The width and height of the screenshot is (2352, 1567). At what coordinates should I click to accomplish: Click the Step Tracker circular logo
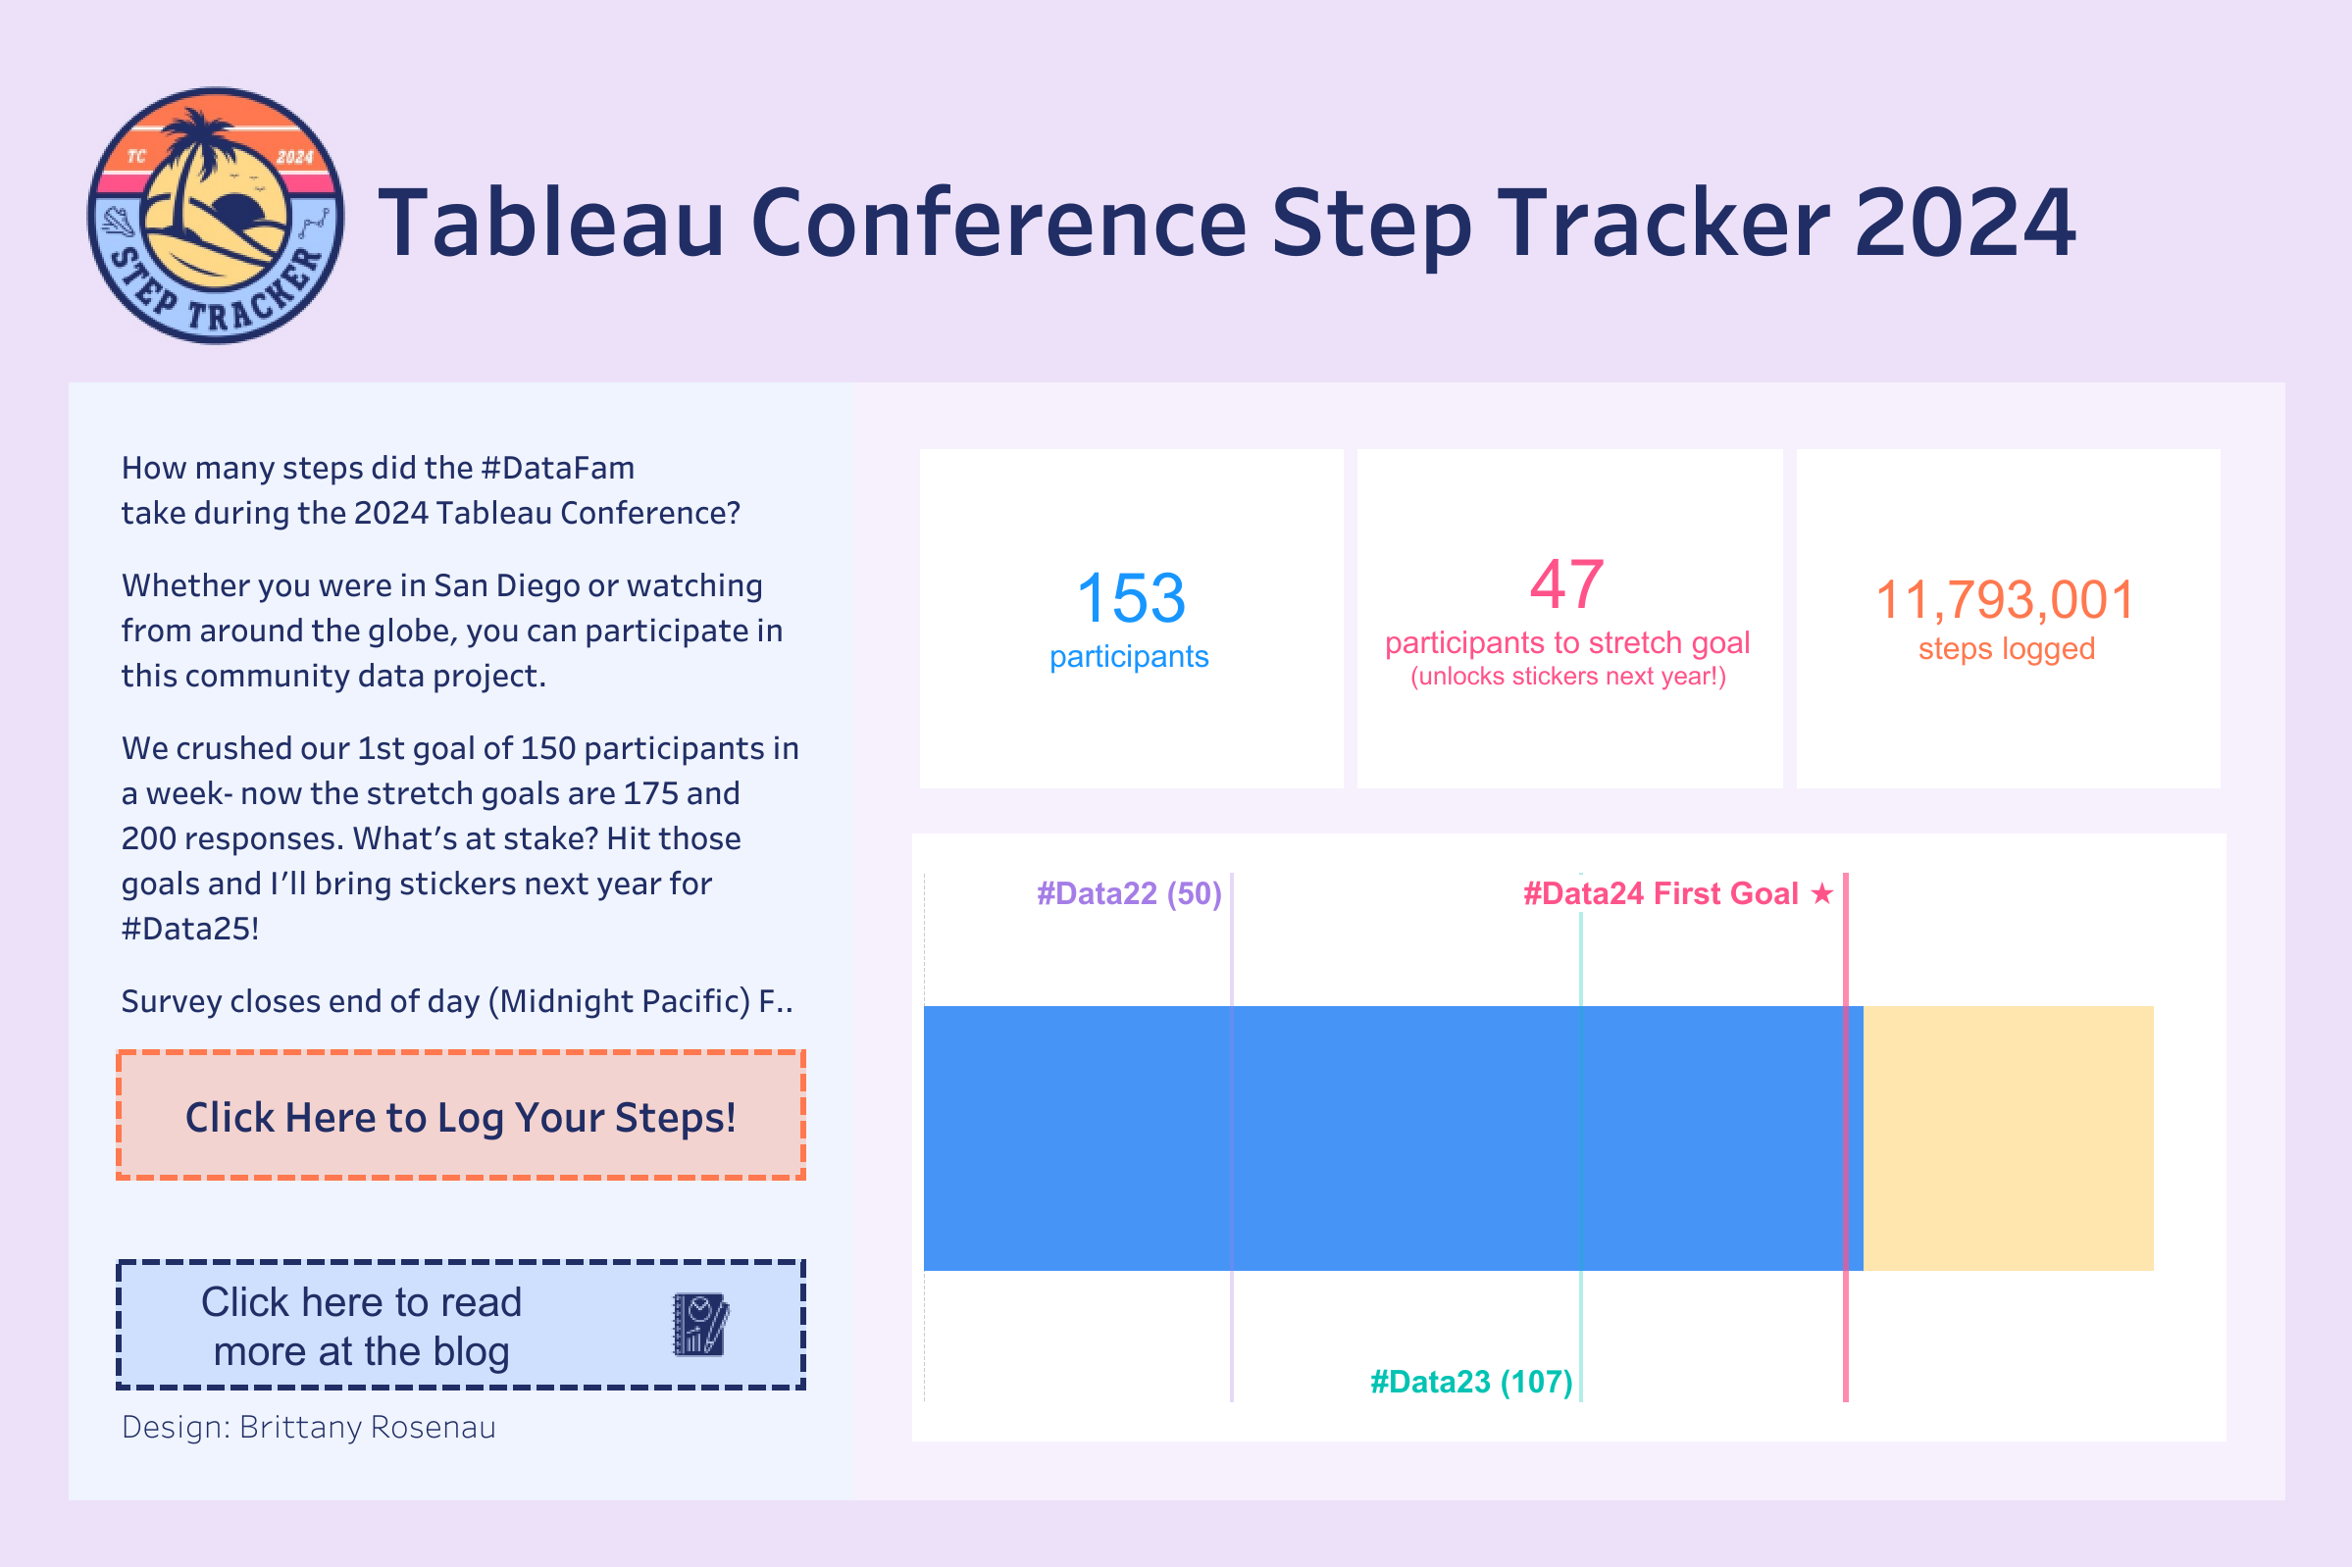pyautogui.click(x=216, y=215)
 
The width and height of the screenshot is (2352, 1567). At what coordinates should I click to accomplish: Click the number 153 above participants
pyautogui.click(x=1131, y=597)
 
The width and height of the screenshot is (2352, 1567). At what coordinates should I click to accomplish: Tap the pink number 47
pyautogui.click(x=1566, y=584)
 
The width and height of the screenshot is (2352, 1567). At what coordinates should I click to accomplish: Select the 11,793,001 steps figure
pyautogui.click(x=2005, y=599)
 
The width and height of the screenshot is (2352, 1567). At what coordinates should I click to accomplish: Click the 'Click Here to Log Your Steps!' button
pyautogui.click(x=461, y=1115)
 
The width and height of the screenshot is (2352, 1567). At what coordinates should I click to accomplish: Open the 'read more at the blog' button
pyautogui.click(x=461, y=1324)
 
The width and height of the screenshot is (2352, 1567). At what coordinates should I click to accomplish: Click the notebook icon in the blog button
pyautogui.click(x=700, y=1324)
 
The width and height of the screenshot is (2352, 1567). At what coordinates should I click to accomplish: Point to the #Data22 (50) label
pyautogui.click(x=1129, y=893)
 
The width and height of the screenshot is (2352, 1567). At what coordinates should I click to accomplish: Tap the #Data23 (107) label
pyautogui.click(x=1470, y=1382)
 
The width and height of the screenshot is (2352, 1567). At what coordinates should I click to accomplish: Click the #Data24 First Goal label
pyautogui.click(x=1661, y=893)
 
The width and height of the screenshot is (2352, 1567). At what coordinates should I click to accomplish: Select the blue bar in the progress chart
pyautogui.click(x=1394, y=1138)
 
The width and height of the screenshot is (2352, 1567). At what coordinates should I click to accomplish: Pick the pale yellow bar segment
pyautogui.click(x=2009, y=1138)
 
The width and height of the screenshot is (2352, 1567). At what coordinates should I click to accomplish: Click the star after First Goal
pyautogui.click(x=1822, y=892)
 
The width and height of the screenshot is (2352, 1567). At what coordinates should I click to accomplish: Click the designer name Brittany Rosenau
pyautogui.click(x=367, y=1427)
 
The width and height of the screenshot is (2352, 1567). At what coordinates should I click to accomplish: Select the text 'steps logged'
pyautogui.click(x=2006, y=649)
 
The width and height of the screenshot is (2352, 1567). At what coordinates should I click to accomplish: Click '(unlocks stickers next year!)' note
pyautogui.click(x=1568, y=677)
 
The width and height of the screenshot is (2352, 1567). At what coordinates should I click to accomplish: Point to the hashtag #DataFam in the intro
pyautogui.click(x=557, y=468)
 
